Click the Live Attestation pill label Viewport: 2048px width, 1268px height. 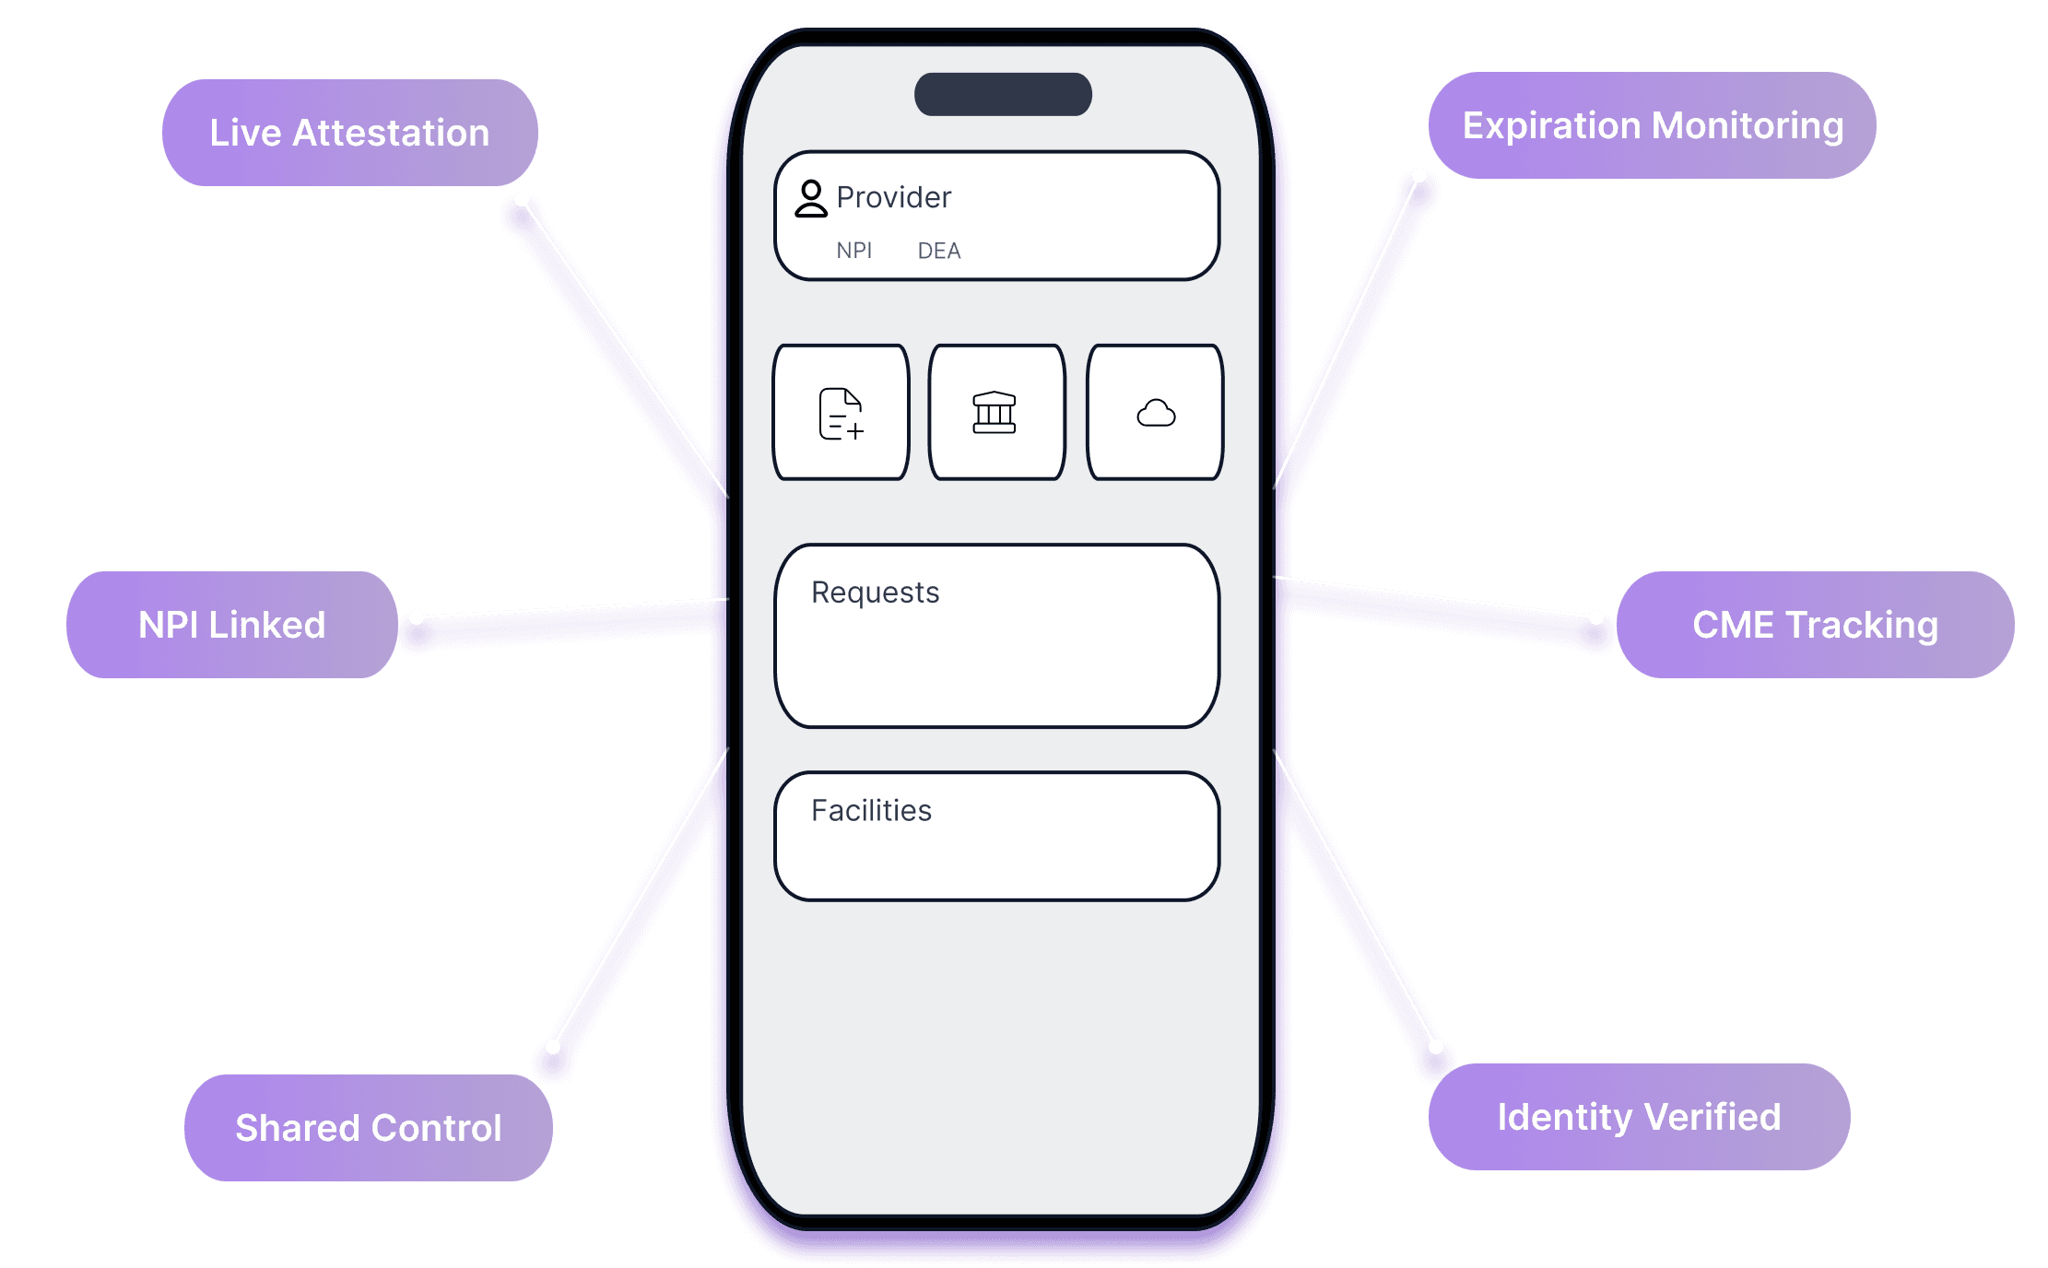[x=349, y=133]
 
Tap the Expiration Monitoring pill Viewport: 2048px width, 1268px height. [x=1652, y=125]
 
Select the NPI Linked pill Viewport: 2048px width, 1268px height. [x=231, y=625]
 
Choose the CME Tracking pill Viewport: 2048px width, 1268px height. [x=1815, y=625]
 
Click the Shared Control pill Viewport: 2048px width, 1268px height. [x=368, y=1128]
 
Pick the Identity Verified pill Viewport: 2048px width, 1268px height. [x=1639, y=1117]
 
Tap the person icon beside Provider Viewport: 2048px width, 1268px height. [x=811, y=199]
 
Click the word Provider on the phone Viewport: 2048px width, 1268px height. [x=893, y=197]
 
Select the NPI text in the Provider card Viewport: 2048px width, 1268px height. [x=853, y=251]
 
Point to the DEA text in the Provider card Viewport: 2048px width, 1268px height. [x=938, y=251]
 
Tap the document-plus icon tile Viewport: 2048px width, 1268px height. [x=842, y=413]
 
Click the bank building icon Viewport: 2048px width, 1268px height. [x=995, y=413]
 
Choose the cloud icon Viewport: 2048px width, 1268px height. [x=1156, y=413]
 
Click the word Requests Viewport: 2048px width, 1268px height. [x=875, y=592]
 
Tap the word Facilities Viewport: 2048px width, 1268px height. [x=871, y=810]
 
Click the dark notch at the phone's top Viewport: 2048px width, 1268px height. [x=1003, y=94]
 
